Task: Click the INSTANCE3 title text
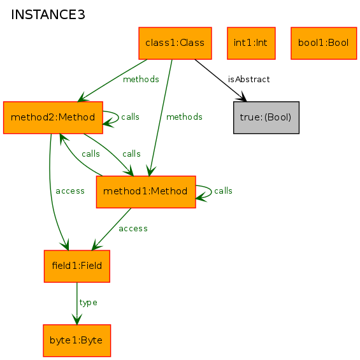coord(48,15)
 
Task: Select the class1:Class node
coord(175,43)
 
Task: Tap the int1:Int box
coord(251,43)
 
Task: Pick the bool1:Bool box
coord(324,43)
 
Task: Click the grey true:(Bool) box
coord(266,117)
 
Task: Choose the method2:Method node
coord(53,117)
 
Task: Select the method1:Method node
coord(146,192)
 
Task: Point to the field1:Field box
coord(77,266)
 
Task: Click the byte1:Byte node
coord(77,340)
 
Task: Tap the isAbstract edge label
coord(248,80)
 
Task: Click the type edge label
coord(88,303)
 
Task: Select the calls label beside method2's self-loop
coord(130,117)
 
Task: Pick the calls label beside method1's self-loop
coord(223,191)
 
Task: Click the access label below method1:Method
coord(133,229)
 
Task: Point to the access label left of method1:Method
coord(70,191)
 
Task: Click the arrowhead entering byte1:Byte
coord(77,319)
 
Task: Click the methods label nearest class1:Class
coord(141,80)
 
